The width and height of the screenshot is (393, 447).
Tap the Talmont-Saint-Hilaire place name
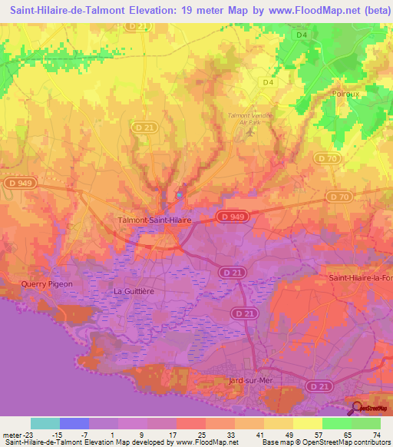pyautogui.click(x=154, y=220)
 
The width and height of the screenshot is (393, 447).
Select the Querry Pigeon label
pyautogui.click(x=47, y=284)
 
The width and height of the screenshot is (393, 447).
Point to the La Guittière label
pyautogui.click(x=134, y=291)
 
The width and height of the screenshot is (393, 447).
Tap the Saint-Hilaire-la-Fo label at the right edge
pyautogui.click(x=360, y=278)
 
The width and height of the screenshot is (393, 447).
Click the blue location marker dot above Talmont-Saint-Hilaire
pyautogui.click(x=180, y=194)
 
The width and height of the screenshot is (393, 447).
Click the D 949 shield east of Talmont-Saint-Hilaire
pyautogui.click(x=230, y=217)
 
